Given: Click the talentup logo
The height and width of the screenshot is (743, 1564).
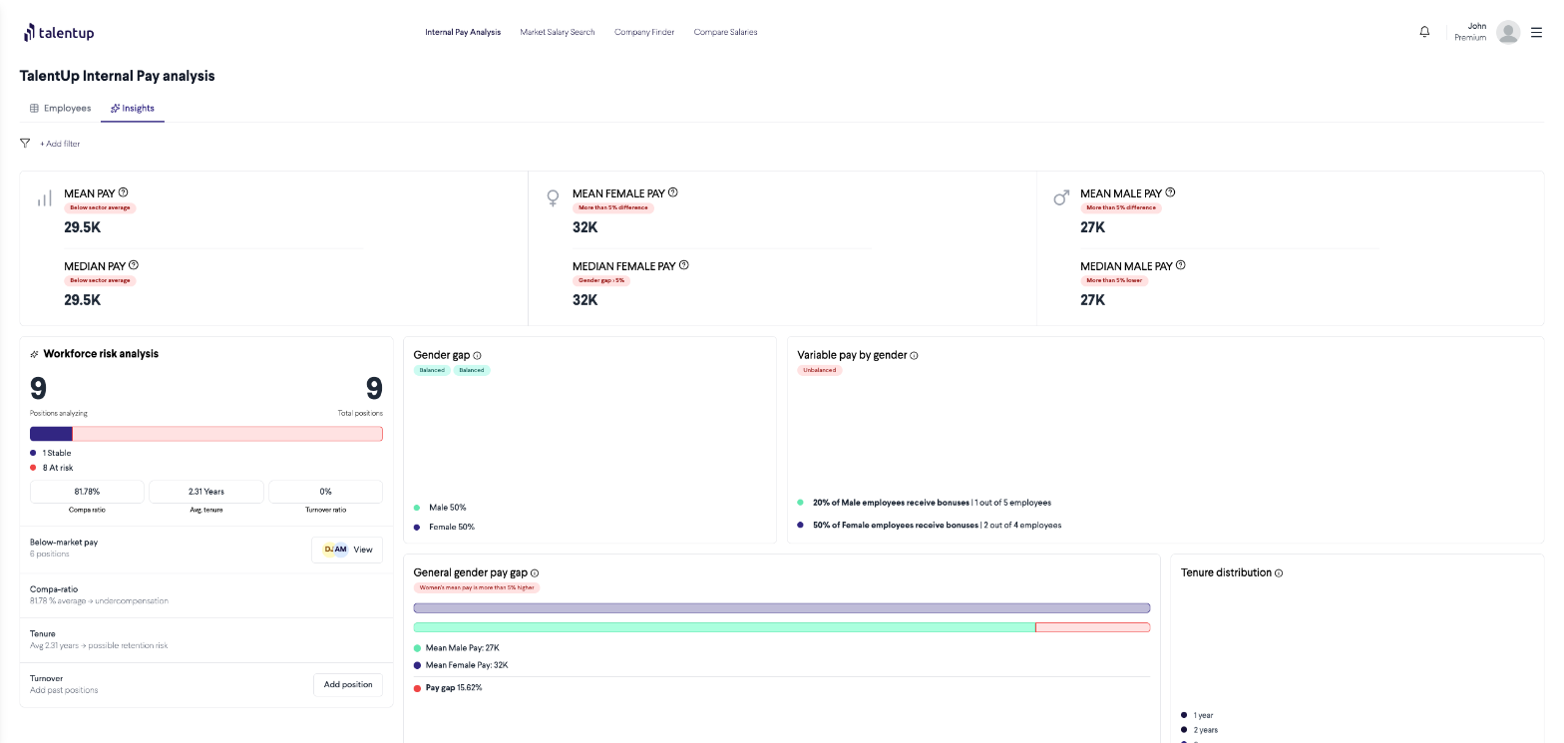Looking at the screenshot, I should click(59, 33).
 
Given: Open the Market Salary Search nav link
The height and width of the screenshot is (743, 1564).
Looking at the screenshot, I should click(557, 32).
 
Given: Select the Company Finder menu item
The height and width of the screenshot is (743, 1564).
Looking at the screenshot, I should click(644, 32).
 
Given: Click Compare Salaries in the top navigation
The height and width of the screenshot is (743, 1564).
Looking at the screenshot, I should click(725, 32).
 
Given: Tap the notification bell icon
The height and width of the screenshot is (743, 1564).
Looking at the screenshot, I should click(1424, 32).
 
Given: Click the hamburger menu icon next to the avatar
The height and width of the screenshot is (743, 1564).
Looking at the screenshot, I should click(1536, 32).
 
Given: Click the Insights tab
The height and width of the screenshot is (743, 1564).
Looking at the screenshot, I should click(133, 108).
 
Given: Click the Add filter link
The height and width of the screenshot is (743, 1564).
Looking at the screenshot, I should click(60, 144).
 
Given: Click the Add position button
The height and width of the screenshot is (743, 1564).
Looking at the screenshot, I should click(348, 685).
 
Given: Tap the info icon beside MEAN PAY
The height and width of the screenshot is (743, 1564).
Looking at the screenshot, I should click(124, 192).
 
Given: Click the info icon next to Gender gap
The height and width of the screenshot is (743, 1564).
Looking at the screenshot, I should click(477, 356).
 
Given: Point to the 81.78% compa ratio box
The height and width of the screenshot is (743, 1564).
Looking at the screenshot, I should click(87, 492).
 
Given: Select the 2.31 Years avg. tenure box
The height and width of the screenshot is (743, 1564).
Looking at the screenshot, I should click(205, 492).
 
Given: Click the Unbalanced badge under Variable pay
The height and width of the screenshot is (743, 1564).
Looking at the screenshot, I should click(819, 370).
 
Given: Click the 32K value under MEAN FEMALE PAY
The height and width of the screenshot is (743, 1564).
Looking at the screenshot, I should click(585, 227).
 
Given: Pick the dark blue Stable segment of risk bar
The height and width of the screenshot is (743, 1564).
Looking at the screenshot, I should click(51, 434).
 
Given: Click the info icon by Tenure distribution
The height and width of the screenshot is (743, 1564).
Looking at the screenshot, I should click(1279, 573).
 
